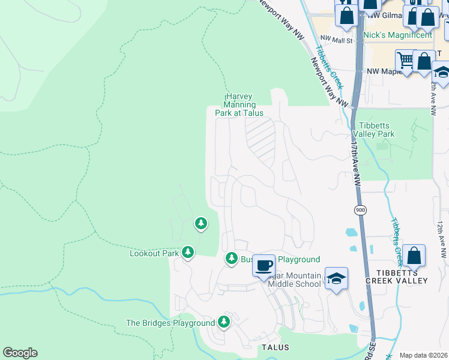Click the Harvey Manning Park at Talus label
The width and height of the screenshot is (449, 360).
click(240, 104)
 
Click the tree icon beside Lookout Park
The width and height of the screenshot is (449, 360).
click(188, 253)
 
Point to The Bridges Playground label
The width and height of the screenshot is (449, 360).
click(170, 323)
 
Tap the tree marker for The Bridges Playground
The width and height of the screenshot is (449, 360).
click(224, 322)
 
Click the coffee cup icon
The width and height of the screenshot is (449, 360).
click(264, 265)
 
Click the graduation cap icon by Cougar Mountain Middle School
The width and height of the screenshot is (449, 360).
click(337, 278)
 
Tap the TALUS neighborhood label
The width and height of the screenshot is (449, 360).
click(276, 347)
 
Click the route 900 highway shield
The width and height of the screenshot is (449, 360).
click(360, 210)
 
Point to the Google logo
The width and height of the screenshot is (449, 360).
click(20, 353)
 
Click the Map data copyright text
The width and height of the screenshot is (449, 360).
click(423, 355)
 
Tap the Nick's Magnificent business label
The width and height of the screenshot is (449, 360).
click(397, 35)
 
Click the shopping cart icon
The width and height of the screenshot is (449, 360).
click(406, 59)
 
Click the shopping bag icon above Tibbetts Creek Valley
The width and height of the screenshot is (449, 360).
click(414, 255)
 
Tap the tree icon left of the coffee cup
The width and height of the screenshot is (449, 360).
click(231, 258)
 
